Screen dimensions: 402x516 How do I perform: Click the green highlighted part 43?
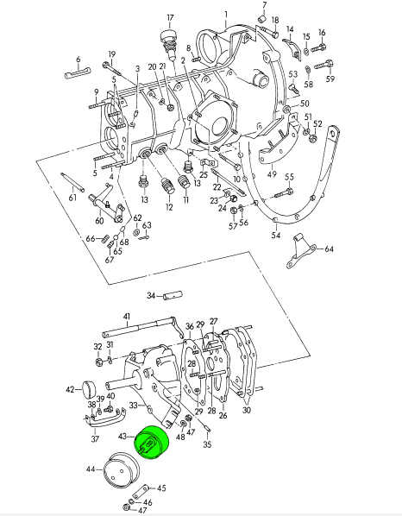[152, 442]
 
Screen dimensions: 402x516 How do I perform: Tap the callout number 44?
[91, 469]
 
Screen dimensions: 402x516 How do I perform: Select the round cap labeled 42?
[88, 389]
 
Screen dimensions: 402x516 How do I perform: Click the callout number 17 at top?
[170, 17]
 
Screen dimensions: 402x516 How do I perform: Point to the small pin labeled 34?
[173, 295]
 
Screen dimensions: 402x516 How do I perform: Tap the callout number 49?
[272, 173]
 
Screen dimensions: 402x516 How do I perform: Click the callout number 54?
[276, 235]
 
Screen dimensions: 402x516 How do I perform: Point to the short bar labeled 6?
[78, 73]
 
